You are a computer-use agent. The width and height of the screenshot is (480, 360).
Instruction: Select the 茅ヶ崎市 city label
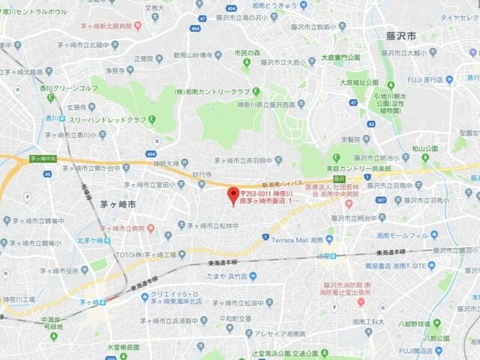click(118, 204)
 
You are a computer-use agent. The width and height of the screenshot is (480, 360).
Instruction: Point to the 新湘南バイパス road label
click(281, 183)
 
